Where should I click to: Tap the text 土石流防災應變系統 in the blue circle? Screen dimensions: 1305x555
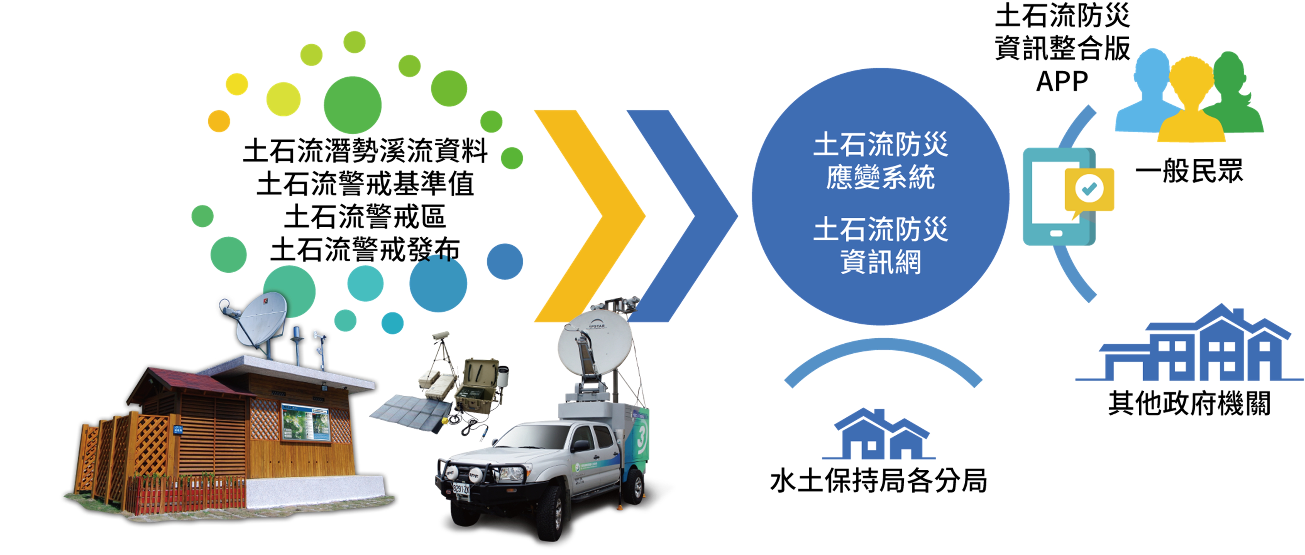point(880,161)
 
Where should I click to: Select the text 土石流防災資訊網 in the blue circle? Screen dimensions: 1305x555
point(880,246)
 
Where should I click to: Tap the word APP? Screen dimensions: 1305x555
point(1062,81)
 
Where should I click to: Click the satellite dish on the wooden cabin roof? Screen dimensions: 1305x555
point(258,319)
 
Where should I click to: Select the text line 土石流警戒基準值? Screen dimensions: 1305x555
point(365,183)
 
